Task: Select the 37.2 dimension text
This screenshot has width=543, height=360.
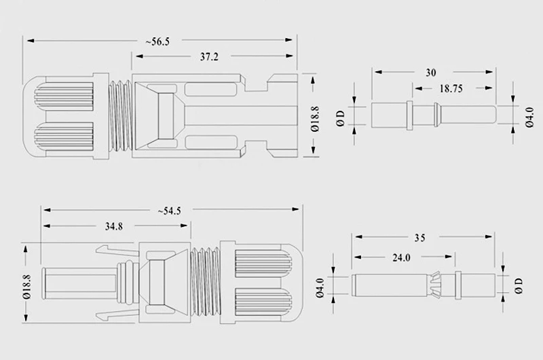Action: click(210, 58)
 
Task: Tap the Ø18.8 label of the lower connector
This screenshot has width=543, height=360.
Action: click(26, 285)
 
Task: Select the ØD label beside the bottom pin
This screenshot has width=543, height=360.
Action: click(520, 283)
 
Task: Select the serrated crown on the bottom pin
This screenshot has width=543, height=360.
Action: click(435, 283)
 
